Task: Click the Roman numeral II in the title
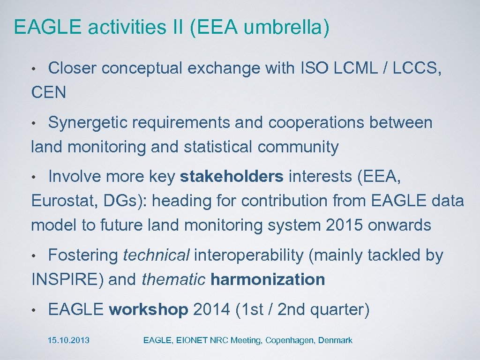coord(180,27)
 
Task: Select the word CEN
coord(48,93)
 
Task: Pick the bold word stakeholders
coord(232,177)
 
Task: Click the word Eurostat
coord(60,201)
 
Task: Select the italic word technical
coord(156,255)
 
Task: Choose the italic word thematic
coord(173,280)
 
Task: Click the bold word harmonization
coord(268,280)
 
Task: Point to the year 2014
coord(211,310)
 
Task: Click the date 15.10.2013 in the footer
coord(68,341)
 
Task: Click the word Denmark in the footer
coord(335,341)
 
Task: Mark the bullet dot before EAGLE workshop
coord(34,311)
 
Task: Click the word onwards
coord(399,225)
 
